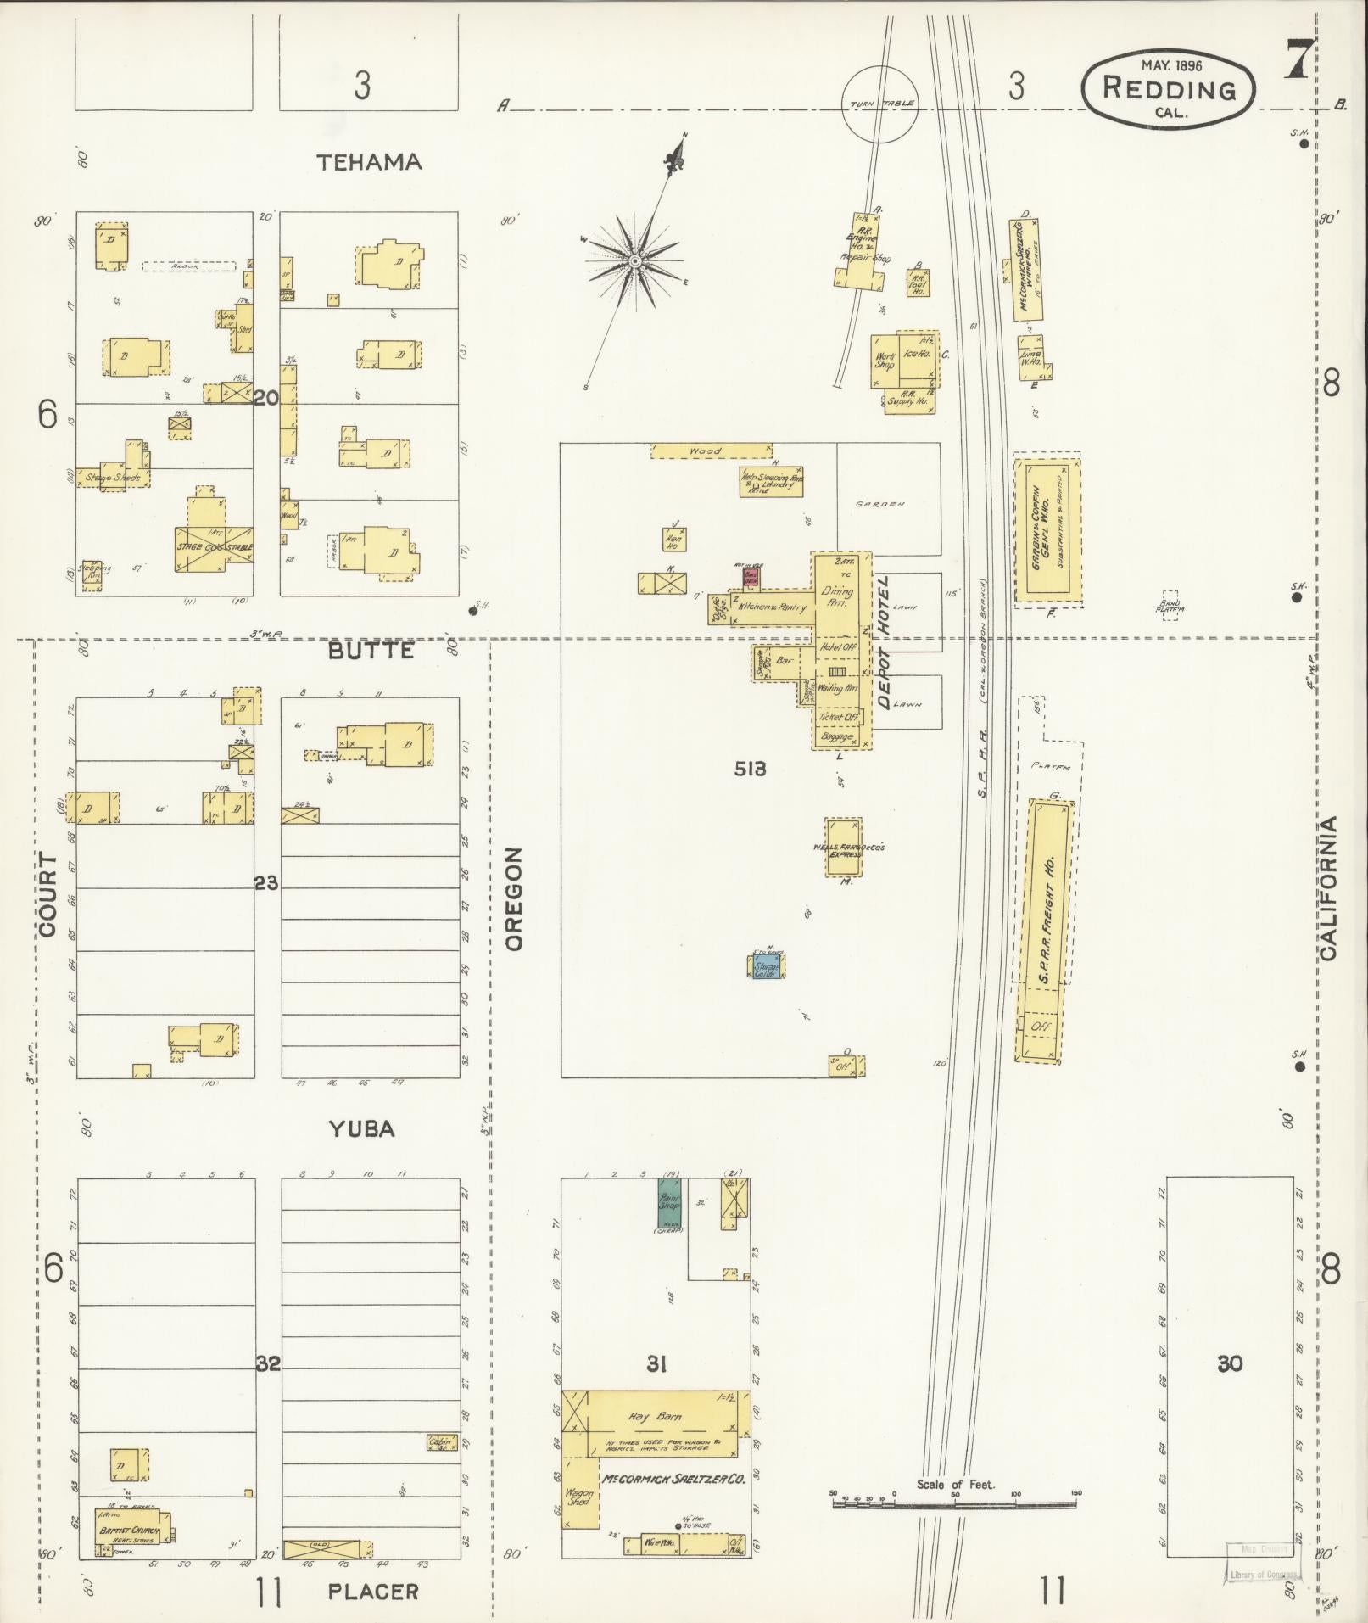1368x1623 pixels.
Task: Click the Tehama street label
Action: pyautogui.click(x=369, y=162)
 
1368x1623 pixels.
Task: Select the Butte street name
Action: pyautogui.click(x=371, y=651)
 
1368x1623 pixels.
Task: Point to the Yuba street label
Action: pyautogui.click(x=362, y=1129)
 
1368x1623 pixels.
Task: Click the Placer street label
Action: pyautogui.click(x=373, y=1591)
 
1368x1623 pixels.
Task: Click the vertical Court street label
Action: pyautogui.click(x=47, y=895)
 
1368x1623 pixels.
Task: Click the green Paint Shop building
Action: pyautogui.click(x=670, y=1205)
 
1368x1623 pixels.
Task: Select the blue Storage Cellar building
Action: pyautogui.click(x=768, y=967)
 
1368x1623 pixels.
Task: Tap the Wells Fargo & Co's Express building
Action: pyautogui.click(x=844, y=846)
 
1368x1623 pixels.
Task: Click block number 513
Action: pyautogui.click(x=751, y=769)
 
